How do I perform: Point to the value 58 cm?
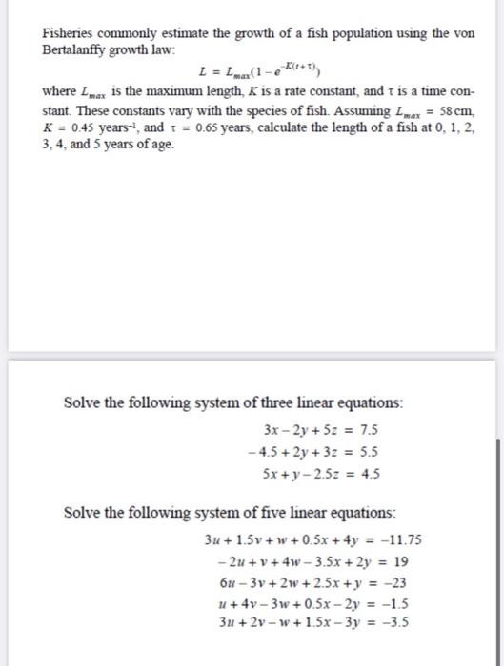[x=445, y=108]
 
